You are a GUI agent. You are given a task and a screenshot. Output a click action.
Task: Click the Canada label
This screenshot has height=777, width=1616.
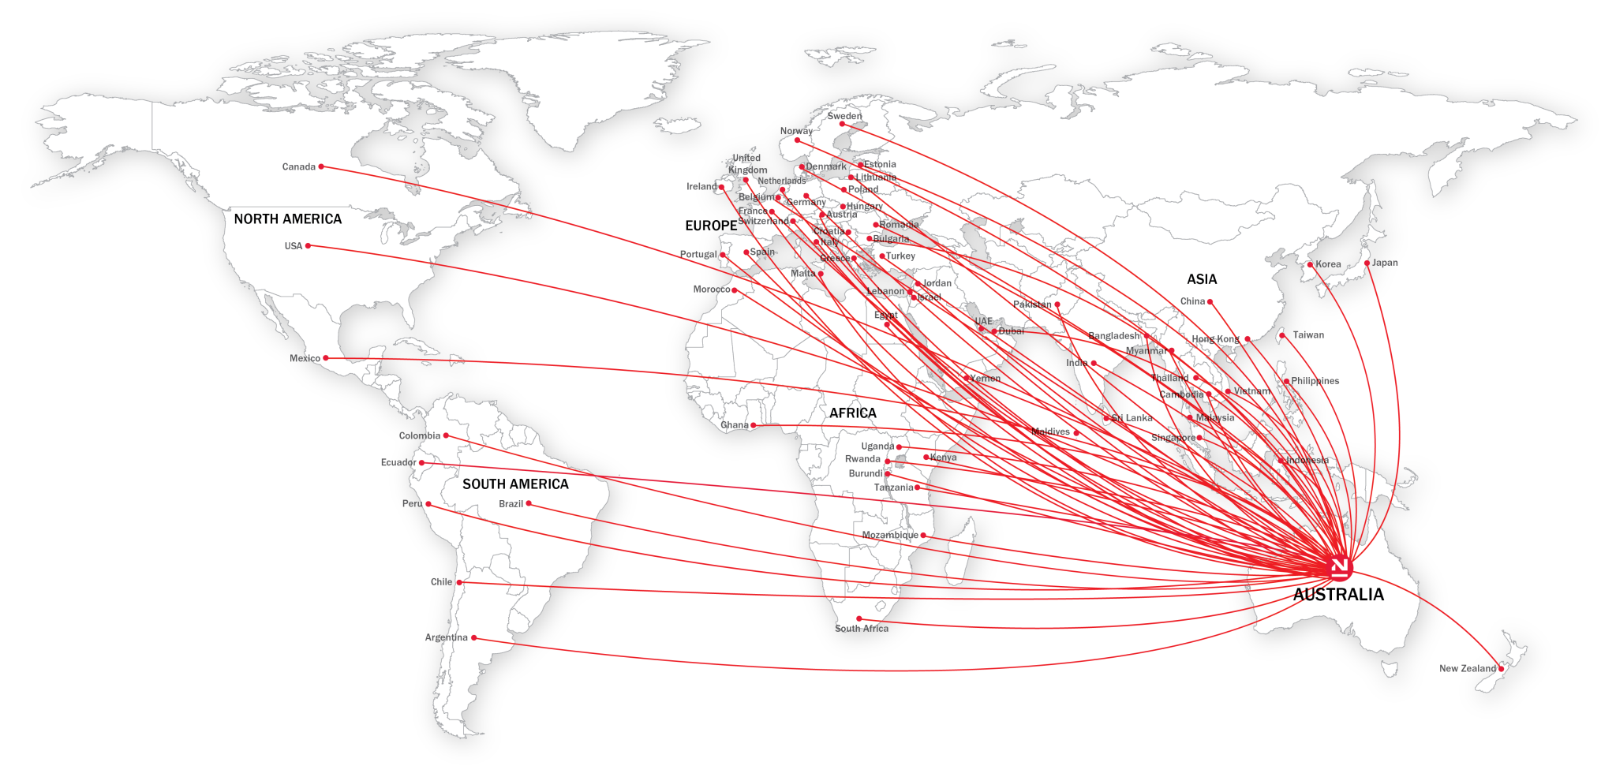[x=298, y=167]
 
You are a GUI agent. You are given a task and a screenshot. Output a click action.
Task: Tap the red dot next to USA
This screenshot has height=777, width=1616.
[x=308, y=246]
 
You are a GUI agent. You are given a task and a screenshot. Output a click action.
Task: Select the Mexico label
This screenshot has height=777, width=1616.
[x=305, y=359]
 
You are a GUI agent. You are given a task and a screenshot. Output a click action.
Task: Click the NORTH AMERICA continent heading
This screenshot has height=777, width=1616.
[x=288, y=219]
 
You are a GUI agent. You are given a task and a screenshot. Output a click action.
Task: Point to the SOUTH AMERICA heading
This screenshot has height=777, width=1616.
[x=515, y=484]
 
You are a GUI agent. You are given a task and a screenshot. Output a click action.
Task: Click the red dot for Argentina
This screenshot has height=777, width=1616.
[x=473, y=638]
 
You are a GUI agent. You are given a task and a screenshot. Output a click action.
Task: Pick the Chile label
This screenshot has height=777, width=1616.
[x=441, y=582]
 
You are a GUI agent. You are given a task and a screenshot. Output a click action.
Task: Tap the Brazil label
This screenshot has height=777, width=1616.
[x=511, y=504]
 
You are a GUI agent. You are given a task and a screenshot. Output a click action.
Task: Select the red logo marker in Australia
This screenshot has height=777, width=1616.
[x=1339, y=566]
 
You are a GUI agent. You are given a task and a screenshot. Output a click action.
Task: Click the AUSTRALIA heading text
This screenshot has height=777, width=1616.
[x=1338, y=595]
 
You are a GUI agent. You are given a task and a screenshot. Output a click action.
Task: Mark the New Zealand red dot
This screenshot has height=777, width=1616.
[x=1501, y=669]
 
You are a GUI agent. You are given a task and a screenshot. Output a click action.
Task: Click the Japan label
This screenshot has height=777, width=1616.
[x=1385, y=263]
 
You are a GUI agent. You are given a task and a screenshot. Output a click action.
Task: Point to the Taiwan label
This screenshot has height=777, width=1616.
[x=1308, y=335]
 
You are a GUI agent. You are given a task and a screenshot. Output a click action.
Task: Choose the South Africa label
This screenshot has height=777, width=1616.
[x=862, y=629]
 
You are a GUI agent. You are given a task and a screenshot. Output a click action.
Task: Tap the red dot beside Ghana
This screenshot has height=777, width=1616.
[x=753, y=426]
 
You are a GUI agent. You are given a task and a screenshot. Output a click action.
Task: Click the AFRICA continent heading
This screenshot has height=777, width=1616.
[x=852, y=413]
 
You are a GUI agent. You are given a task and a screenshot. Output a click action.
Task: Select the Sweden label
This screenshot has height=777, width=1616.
[x=844, y=116]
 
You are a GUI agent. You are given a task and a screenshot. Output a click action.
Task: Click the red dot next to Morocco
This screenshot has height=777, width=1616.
[x=735, y=290]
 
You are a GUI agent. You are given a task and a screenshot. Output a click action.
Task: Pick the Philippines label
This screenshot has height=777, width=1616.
[x=1315, y=381]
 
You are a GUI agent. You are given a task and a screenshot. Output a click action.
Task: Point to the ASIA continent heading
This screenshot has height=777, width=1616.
[x=1202, y=279]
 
